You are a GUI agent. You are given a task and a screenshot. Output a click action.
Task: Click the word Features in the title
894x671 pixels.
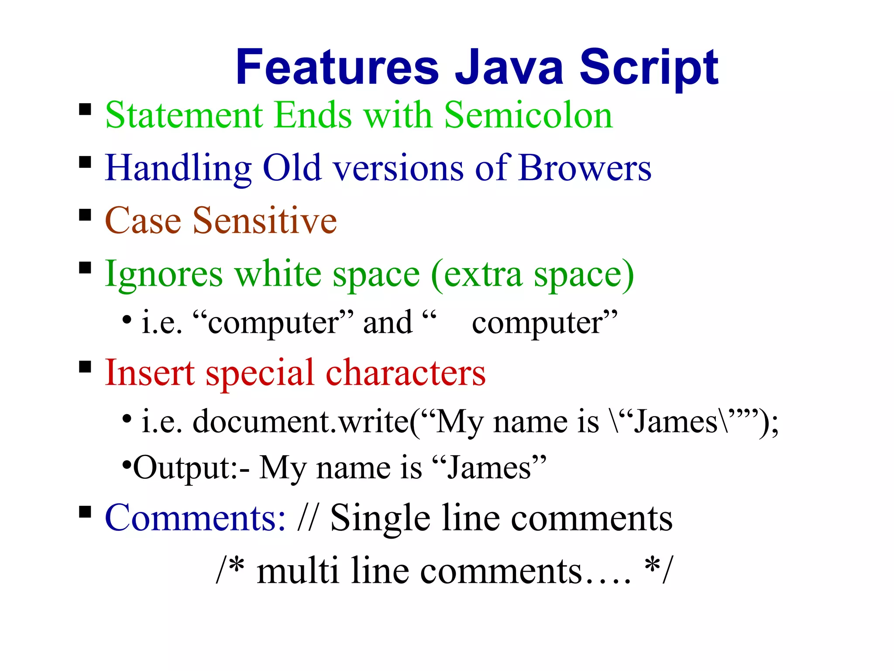coord(337,68)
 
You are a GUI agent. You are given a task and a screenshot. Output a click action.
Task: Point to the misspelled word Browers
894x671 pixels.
coord(585,168)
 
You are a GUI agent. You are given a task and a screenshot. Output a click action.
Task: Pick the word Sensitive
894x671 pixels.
coord(265,221)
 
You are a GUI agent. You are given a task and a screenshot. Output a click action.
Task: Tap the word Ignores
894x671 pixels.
coord(164,274)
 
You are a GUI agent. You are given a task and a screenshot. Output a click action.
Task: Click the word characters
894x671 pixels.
coord(406,373)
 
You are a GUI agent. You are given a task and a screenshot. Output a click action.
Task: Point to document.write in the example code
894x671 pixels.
coord(300,422)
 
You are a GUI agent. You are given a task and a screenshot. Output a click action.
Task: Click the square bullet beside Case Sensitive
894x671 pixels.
coord(85,215)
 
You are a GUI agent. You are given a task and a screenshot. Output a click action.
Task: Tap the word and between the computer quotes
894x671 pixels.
coord(388,323)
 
